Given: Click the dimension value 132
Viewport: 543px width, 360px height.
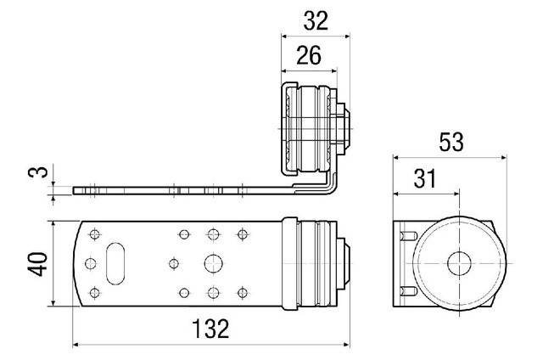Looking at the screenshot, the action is pyautogui.click(x=210, y=329).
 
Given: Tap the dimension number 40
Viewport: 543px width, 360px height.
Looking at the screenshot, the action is pyautogui.click(x=37, y=264).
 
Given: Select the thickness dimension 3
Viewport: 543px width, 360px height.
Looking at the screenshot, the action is pyautogui.click(x=38, y=172).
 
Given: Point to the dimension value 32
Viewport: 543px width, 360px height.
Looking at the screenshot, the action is pyautogui.click(x=316, y=20).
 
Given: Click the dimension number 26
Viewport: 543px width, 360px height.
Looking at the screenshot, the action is pyautogui.click(x=309, y=55).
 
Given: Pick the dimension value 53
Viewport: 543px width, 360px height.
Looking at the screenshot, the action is pyautogui.click(x=451, y=142).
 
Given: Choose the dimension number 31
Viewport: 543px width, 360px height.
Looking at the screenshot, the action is pyautogui.click(x=425, y=179).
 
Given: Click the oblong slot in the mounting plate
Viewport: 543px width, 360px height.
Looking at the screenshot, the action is pyautogui.click(x=115, y=264).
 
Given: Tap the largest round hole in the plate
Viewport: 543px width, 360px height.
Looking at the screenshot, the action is pyautogui.click(x=213, y=264).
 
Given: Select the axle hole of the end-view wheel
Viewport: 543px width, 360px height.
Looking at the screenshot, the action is pyautogui.click(x=459, y=264).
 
